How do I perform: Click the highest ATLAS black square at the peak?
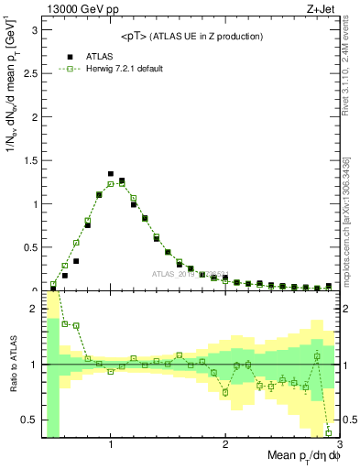(x=111, y=173)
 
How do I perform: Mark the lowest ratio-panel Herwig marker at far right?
(x=329, y=432)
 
